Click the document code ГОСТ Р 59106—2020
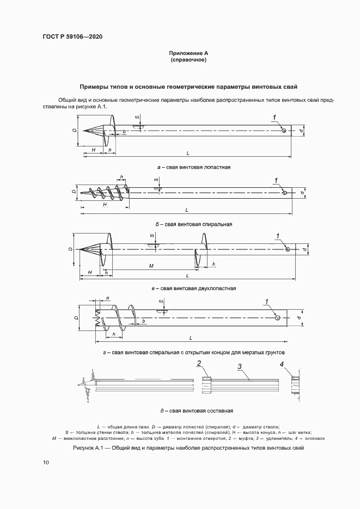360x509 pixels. [x=72, y=36]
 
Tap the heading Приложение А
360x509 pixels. [x=188, y=53]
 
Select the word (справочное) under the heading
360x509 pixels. [x=188, y=59]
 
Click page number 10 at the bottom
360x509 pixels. [x=46, y=462]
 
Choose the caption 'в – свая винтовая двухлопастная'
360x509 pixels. [x=193, y=288]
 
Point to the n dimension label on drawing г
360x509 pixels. [x=108, y=299]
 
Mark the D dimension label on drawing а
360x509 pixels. [x=74, y=131]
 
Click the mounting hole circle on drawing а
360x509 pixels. [x=284, y=130]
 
